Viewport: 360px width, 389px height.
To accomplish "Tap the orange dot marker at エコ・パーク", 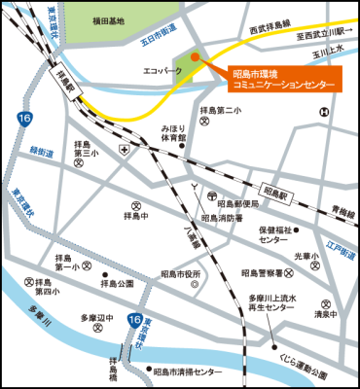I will coord(195,58).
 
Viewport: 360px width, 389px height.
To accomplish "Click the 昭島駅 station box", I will coord(278,194).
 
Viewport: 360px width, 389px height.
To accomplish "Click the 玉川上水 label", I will coord(330,57).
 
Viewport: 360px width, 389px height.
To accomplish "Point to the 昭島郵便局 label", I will coord(237,204).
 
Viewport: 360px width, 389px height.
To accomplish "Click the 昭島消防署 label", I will coord(222,219).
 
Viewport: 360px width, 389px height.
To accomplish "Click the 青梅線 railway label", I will coord(341,208).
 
